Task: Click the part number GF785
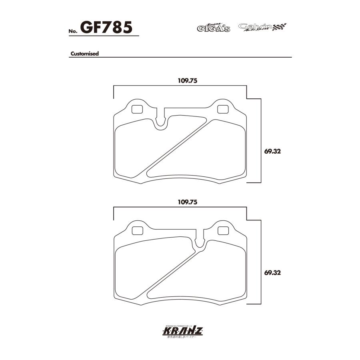point(106,28)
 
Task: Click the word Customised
point(84,54)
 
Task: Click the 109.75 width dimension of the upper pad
point(188,80)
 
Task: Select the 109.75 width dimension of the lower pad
point(188,202)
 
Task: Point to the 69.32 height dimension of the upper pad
point(271,152)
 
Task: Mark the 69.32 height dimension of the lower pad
point(271,273)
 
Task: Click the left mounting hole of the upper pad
point(137,108)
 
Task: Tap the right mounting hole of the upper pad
point(222,108)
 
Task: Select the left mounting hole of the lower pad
point(137,230)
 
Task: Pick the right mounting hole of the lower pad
point(222,230)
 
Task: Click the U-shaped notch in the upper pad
point(161,120)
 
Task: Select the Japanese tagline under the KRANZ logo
point(180,338)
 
